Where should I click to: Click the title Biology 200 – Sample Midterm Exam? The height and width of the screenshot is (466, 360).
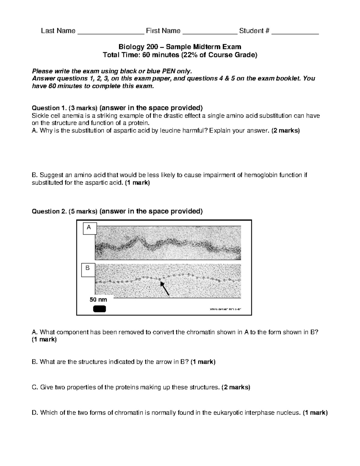point(180,47)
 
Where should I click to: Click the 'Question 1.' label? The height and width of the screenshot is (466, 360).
point(46,108)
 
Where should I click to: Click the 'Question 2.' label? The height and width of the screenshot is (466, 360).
point(46,211)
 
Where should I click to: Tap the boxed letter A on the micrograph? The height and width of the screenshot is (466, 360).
point(89,228)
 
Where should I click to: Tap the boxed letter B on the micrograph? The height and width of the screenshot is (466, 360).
point(88,268)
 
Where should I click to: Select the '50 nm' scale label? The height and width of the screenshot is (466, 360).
point(98,299)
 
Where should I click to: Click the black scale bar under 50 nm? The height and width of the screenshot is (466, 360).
point(99,309)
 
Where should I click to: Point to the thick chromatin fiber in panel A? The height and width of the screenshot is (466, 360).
point(168,245)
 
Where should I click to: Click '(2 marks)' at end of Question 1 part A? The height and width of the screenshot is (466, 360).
point(285,131)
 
